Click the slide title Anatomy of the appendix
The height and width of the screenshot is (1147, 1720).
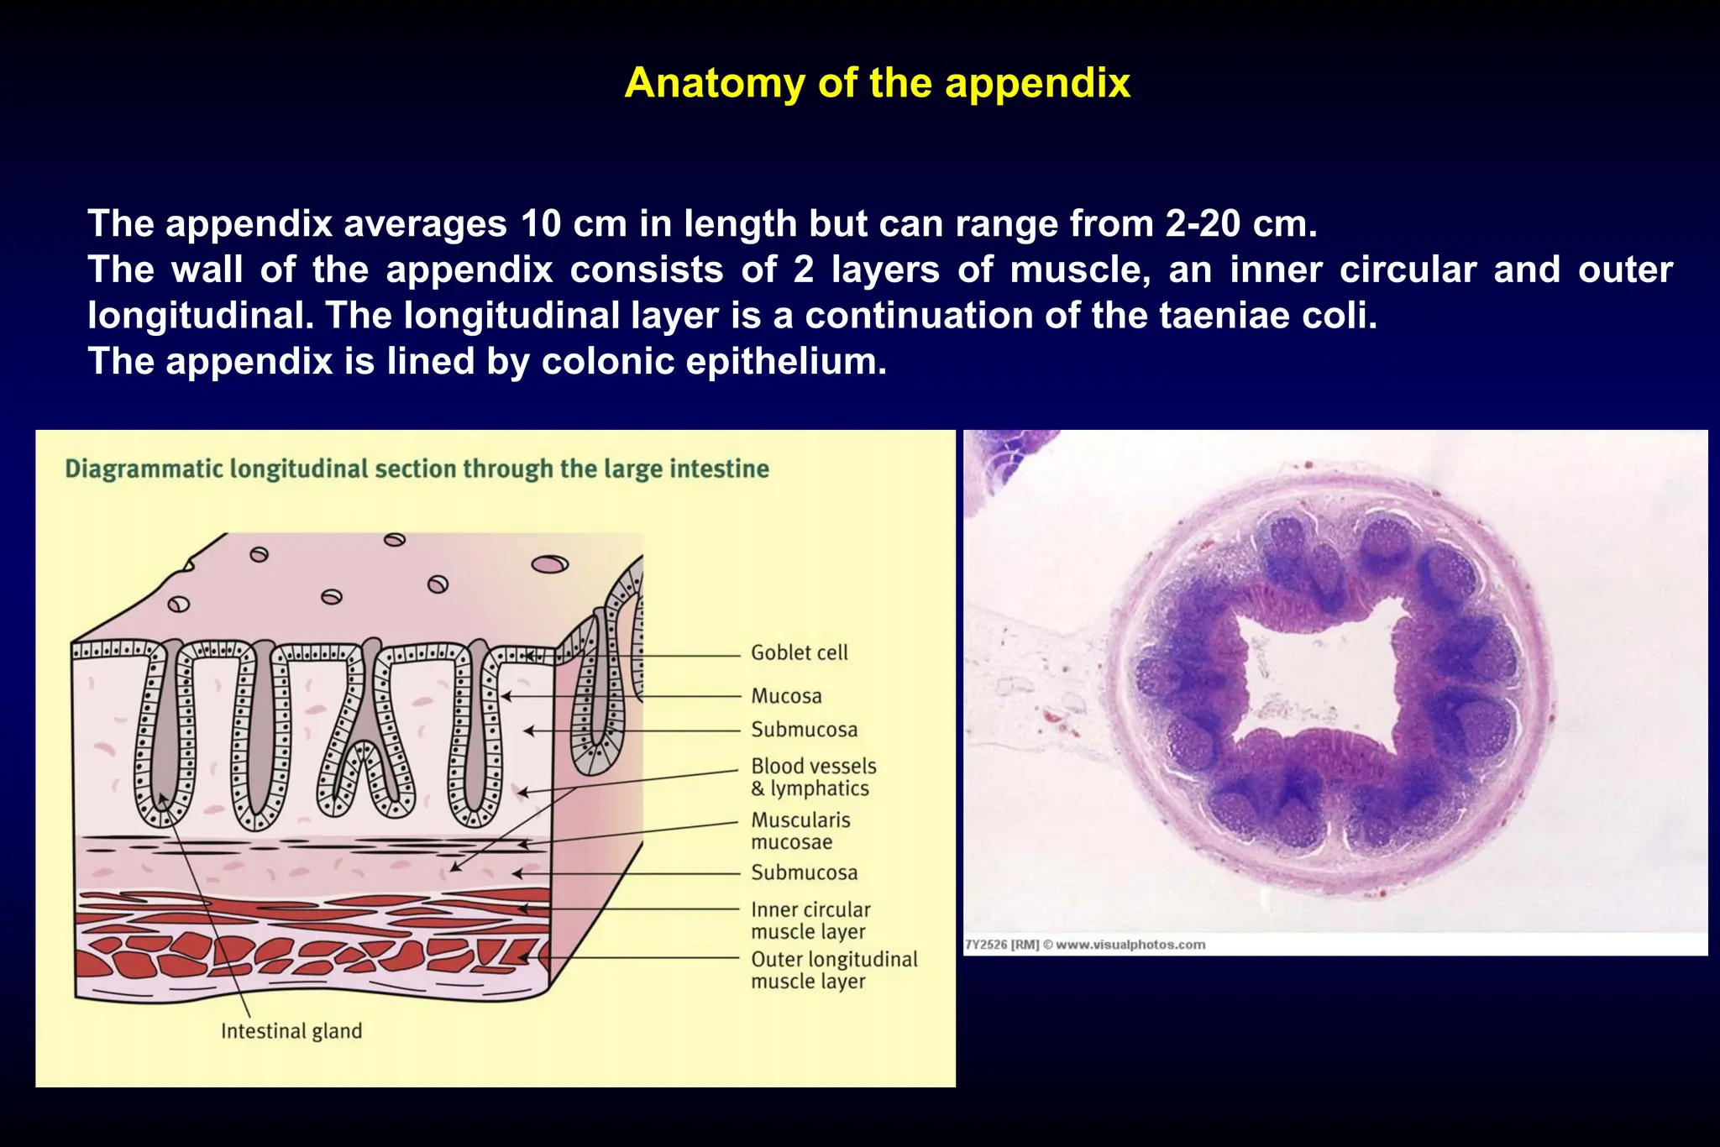877,83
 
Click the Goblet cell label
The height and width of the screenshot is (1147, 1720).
799,652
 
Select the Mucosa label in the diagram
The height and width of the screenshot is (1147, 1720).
786,696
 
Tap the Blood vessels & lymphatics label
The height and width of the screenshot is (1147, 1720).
813,777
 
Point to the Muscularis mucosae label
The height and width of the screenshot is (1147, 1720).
800,830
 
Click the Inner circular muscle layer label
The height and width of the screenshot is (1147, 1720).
810,920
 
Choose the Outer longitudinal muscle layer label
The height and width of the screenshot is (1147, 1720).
833,970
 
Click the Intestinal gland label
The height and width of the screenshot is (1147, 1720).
291,1031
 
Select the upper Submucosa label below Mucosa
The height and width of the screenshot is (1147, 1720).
804,730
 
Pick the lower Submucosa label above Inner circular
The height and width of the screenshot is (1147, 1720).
804,872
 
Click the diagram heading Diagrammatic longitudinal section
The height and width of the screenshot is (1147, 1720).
417,469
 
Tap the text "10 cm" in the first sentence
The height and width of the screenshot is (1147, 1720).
574,223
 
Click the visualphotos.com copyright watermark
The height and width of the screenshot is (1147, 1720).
1085,945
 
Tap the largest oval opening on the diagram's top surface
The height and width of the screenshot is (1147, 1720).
549,564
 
